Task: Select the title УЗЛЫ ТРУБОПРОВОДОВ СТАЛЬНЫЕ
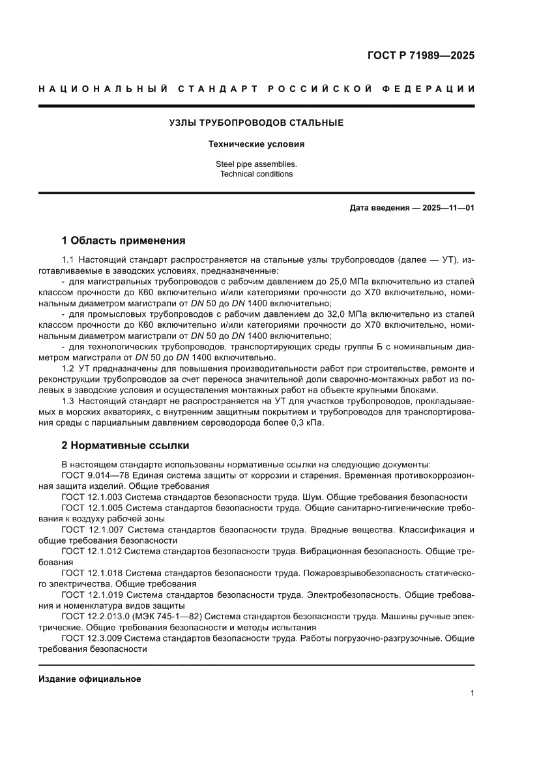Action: tap(256, 123)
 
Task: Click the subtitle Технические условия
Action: tap(256, 144)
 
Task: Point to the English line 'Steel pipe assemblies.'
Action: tap(256, 164)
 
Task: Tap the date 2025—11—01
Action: tap(448, 209)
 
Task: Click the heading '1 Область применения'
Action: tap(123, 240)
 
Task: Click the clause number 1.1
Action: tap(68, 261)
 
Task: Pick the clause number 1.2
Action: tap(68, 369)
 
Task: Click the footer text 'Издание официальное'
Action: tap(90, 679)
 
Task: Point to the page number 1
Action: tap(471, 694)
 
